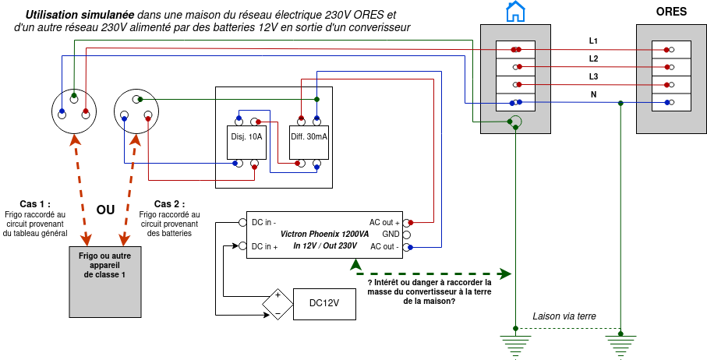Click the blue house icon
click(x=514, y=12)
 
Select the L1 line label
click(x=594, y=40)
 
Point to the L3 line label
click(x=594, y=76)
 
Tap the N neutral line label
click(x=593, y=94)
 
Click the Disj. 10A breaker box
click(x=246, y=136)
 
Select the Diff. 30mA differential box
click(x=309, y=136)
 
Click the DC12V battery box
click(x=324, y=303)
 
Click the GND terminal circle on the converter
click(x=407, y=234)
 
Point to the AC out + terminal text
click(x=384, y=222)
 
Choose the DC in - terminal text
click(x=263, y=222)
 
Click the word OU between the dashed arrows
click(x=105, y=210)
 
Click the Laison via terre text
click(x=564, y=316)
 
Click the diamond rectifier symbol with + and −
click(x=276, y=304)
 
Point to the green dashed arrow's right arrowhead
click(x=506, y=274)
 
